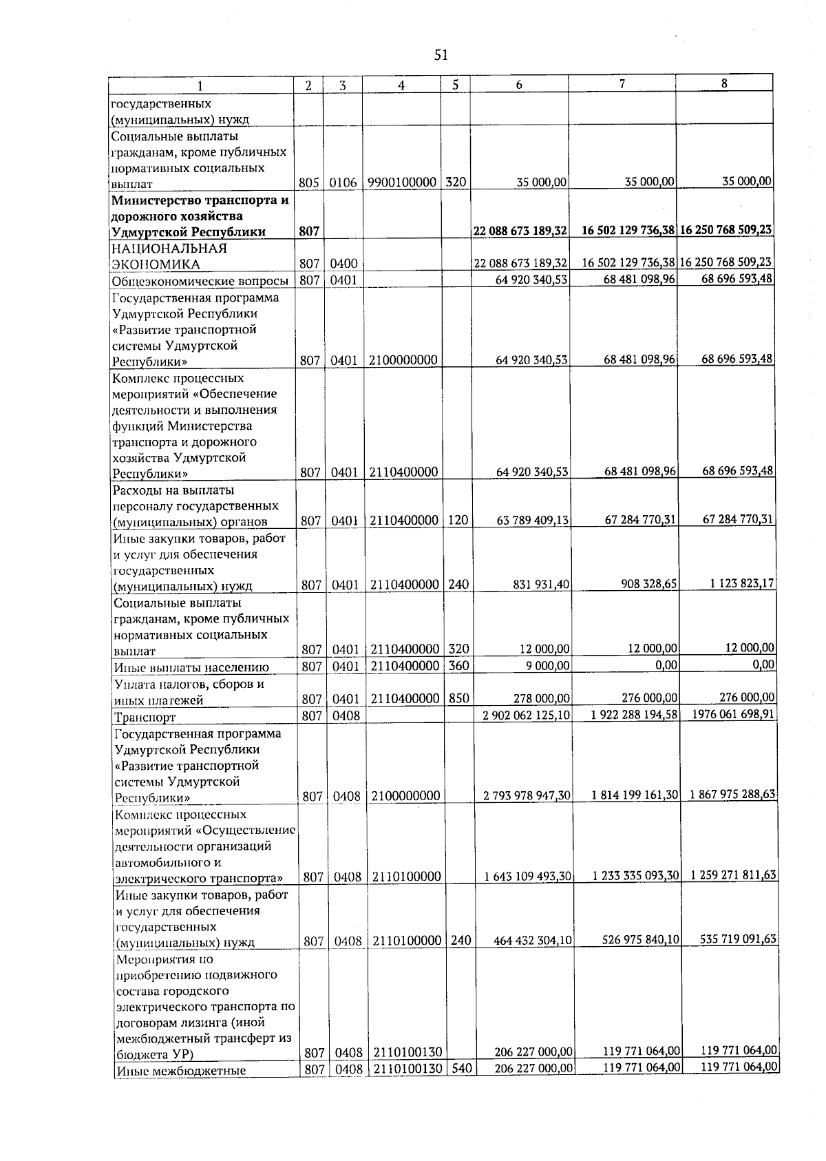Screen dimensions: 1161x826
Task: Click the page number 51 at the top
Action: [441, 55]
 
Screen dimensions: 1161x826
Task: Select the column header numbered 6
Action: [519, 85]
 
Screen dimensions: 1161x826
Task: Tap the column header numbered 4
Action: [401, 85]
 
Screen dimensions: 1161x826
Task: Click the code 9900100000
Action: [402, 182]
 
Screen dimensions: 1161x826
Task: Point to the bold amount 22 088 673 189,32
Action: [520, 231]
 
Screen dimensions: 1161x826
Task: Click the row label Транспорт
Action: [145, 717]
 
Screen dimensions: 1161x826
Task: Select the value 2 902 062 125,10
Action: [527, 715]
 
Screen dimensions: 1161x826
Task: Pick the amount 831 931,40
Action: [541, 584]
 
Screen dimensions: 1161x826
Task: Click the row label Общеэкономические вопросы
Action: [200, 281]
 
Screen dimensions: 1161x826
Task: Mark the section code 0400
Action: [343, 264]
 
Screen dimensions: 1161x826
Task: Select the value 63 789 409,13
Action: [533, 521]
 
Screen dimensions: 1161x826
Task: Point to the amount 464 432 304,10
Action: [533, 940]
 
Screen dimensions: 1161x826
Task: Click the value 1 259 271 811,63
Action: [733, 875]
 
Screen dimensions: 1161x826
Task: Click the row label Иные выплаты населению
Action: [191, 667]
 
